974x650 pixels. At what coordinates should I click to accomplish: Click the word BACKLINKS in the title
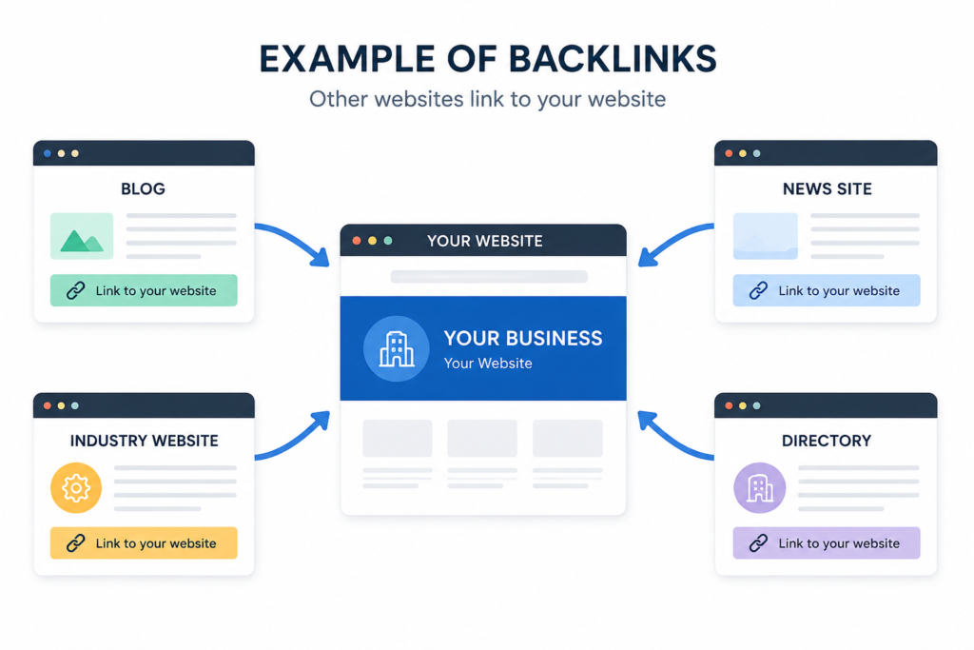tap(613, 60)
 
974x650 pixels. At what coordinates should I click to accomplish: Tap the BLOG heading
tap(143, 189)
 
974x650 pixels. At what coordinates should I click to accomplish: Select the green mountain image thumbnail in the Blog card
tap(82, 236)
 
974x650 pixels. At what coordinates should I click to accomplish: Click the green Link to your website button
tap(144, 290)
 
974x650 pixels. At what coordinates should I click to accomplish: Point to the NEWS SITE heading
tap(827, 189)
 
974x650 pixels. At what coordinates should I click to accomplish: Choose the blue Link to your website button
tap(827, 290)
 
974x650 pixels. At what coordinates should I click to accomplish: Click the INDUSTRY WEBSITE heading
tap(145, 441)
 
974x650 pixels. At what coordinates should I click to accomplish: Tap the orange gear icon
tap(76, 488)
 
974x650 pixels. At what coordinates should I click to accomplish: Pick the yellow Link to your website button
tap(144, 543)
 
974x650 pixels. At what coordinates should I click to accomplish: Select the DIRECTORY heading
tap(827, 441)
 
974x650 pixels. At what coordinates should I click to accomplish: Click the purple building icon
tap(759, 488)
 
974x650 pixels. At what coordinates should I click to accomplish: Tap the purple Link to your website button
tap(827, 543)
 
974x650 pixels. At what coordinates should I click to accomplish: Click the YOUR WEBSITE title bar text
tap(484, 241)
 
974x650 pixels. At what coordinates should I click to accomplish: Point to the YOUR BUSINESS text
tap(523, 338)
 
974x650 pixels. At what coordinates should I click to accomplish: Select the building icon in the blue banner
tap(397, 348)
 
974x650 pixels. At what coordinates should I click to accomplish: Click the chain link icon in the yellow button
tap(76, 543)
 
